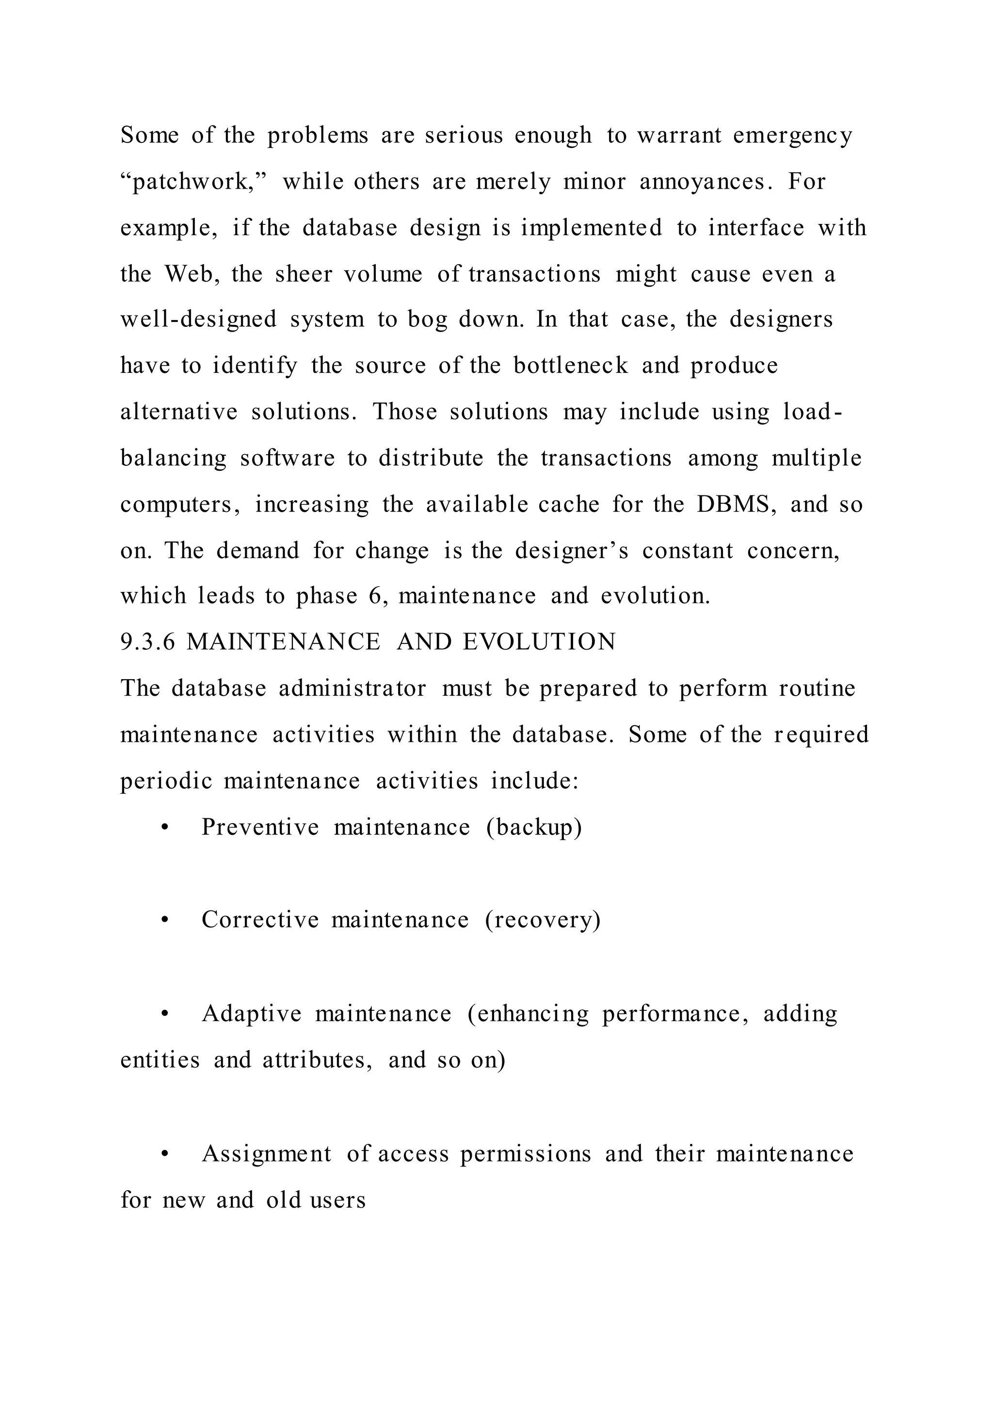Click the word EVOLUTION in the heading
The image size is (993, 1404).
(x=539, y=642)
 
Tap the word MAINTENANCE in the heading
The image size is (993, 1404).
(x=283, y=642)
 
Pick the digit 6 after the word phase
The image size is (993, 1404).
(x=375, y=596)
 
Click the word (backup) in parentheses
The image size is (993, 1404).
(x=534, y=828)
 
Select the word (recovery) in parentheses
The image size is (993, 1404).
(x=543, y=920)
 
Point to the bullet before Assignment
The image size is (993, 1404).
(x=164, y=1154)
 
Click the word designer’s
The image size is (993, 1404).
(x=571, y=551)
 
